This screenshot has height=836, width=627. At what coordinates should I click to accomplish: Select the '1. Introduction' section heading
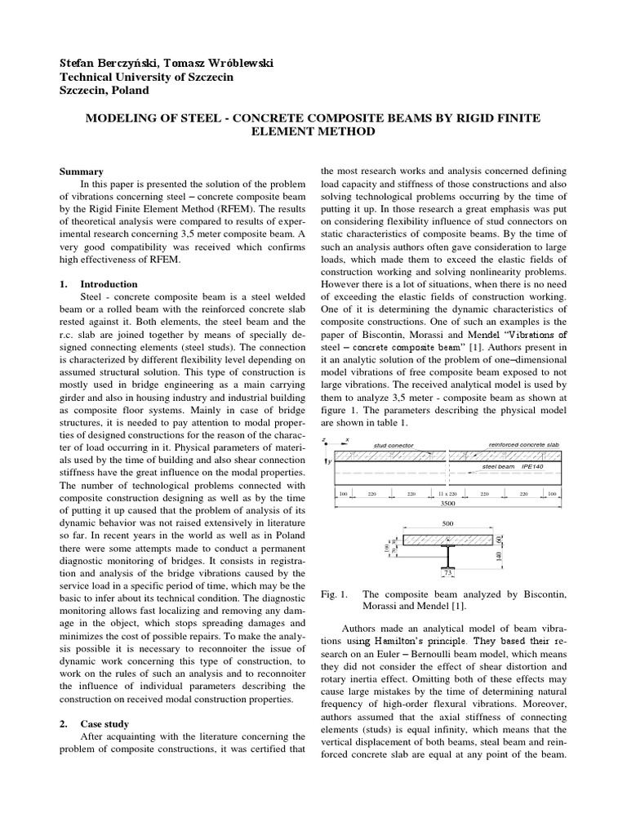[100, 283]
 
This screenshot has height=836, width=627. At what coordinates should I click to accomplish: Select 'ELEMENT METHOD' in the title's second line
[313, 131]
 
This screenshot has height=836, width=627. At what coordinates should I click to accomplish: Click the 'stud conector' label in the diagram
[394, 446]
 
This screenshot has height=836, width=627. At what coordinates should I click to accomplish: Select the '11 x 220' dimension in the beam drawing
[446, 495]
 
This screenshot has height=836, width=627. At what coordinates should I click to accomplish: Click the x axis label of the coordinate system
[346, 440]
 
